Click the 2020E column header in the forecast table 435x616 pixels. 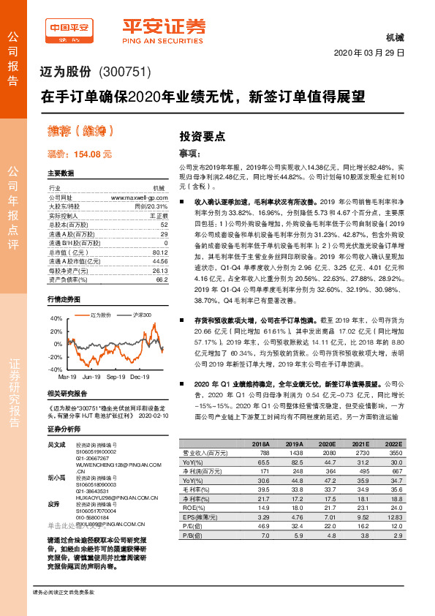(x=325, y=444)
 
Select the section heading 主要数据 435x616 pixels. (x=61, y=174)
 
